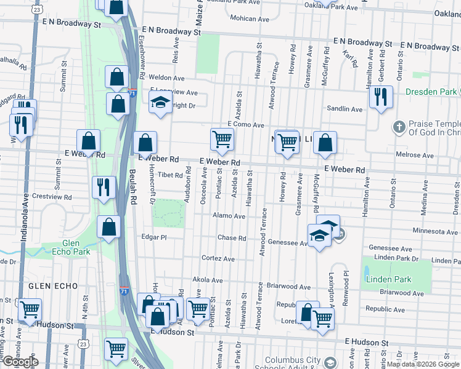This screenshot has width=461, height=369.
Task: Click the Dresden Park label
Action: pos(431,92)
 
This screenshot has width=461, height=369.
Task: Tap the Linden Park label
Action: pos(388,279)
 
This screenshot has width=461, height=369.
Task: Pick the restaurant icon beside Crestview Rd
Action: pos(104,187)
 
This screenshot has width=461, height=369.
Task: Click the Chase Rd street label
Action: pos(232,238)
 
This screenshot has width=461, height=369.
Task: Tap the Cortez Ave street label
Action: pos(218,259)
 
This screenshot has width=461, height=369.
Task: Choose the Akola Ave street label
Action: pos(208,280)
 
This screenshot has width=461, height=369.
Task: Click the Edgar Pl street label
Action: pos(155,237)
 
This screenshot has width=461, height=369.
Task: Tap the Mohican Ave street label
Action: pos(250,18)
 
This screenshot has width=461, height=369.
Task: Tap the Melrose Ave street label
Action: pos(434,156)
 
